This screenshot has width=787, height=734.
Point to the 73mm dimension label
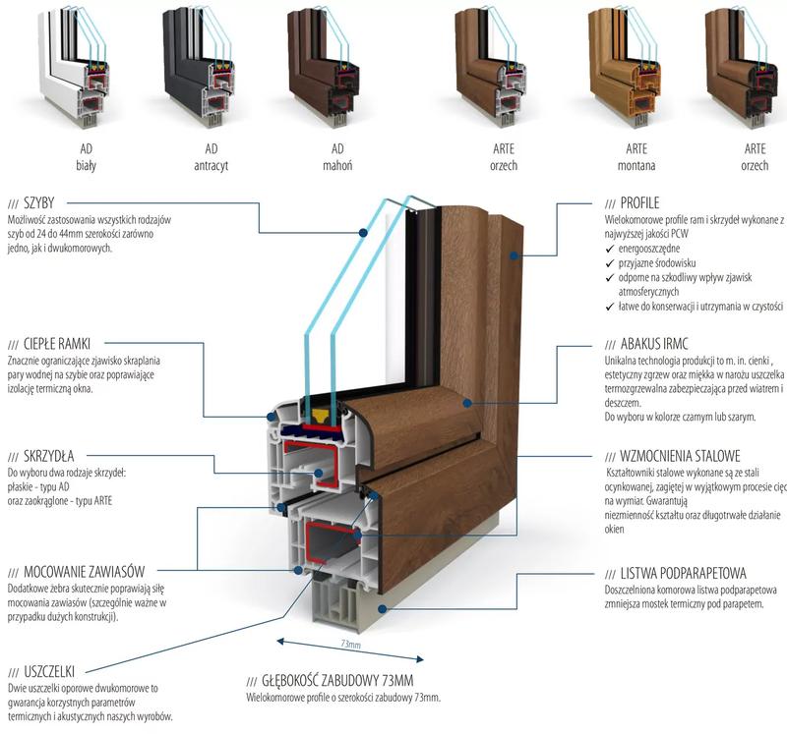[350, 646]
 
